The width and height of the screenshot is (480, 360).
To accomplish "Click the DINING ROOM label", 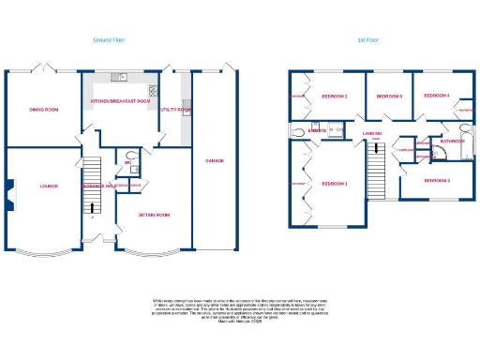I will pos(43,110).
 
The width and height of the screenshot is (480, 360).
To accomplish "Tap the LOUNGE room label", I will pos(49,186).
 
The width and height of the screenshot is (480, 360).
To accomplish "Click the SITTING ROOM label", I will pos(156,215).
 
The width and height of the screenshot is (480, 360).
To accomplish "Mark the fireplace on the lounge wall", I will pos(10,192).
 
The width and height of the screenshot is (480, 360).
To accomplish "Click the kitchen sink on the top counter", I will pos(118,77).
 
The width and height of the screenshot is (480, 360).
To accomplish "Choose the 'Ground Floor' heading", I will pos(109,40).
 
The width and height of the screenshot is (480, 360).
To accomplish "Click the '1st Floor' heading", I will pos(367,40).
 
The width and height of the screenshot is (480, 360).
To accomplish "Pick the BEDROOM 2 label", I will pos(335,97).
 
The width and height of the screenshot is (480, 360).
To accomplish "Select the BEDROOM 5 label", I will pos(389,97).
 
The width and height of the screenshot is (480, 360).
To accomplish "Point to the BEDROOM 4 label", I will pos(437,96).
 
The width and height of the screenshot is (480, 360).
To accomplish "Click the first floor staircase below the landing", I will pos(375,172).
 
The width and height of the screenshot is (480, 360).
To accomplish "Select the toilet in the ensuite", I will pos(298,131).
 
